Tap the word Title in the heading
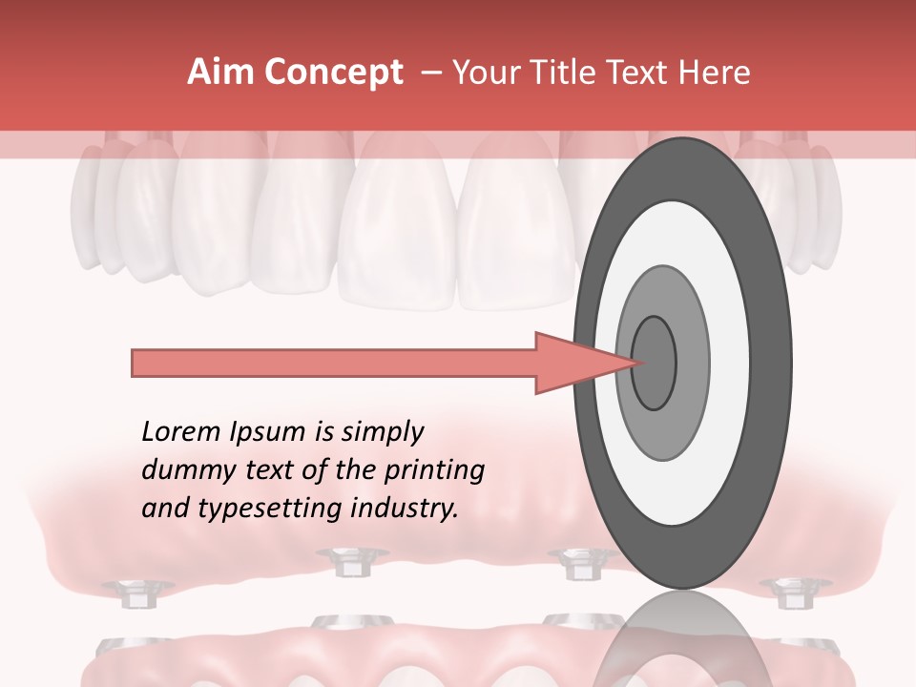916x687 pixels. click(572, 73)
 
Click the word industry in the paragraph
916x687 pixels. click(406, 509)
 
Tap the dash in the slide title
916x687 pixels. click(430, 73)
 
